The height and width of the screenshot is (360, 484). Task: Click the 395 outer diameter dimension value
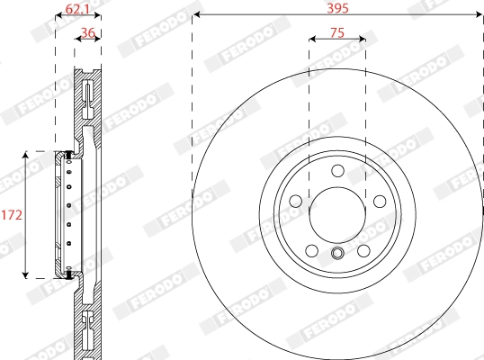336,7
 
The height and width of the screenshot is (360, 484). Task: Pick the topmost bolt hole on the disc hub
337,171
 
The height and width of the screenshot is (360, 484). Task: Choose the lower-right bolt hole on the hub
363,251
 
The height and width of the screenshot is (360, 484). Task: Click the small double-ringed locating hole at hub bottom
337,255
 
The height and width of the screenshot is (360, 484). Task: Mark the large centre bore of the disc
337,216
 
